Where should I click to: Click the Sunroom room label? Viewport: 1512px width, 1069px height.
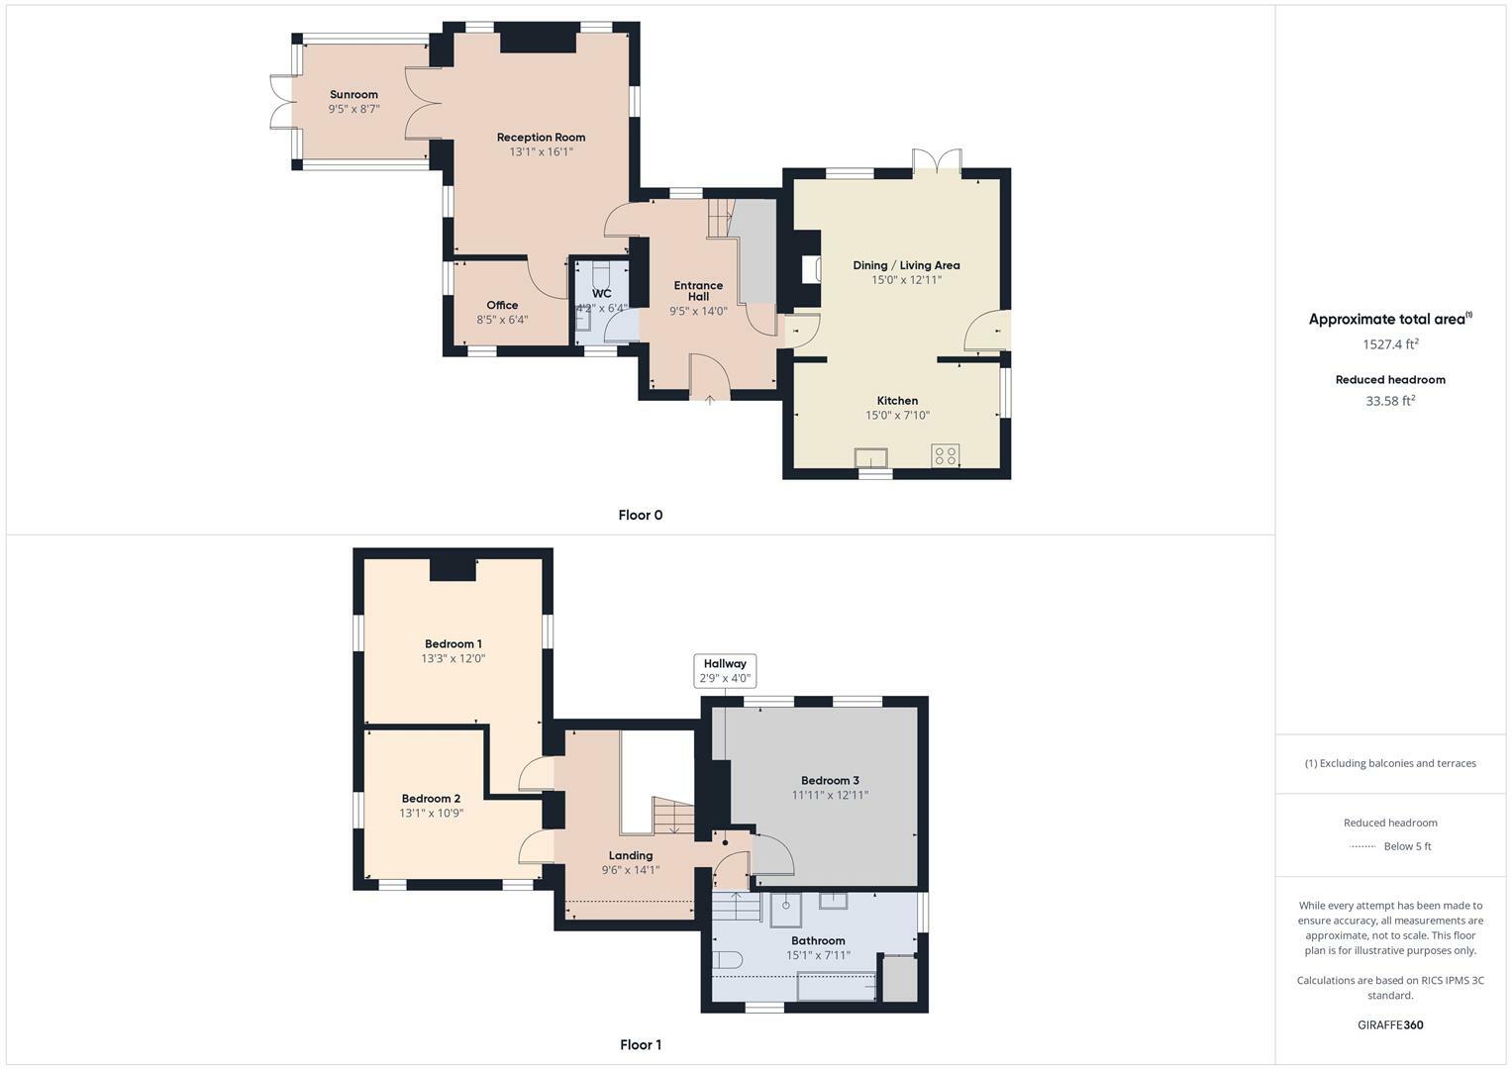[x=353, y=95]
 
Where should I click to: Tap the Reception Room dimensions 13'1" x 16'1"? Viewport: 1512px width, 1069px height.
[x=541, y=152]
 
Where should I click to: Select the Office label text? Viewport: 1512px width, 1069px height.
[x=502, y=305]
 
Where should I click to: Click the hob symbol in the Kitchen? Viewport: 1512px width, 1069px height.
[x=945, y=455]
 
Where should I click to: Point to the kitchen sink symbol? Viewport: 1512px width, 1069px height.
[x=871, y=457]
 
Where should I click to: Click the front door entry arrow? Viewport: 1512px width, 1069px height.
[x=710, y=399]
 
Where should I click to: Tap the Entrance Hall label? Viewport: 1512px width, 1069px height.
[x=698, y=291]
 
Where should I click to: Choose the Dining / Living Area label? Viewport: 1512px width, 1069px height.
[x=906, y=265]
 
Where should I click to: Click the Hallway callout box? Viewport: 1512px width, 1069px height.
[x=725, y=671]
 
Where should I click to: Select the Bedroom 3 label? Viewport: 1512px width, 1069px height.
[x=830, y=781]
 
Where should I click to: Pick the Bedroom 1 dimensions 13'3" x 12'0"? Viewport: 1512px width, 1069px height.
[x=454, y=658]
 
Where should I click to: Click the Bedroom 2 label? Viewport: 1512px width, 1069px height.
[x=431, y=799]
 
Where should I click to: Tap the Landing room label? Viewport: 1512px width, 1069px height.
[x=631, y=855]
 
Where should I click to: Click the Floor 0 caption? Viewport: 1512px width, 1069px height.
[x=640, y=515]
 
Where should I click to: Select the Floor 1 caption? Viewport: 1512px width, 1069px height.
[x=640, y=1044]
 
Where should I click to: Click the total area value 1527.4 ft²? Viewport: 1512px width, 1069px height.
[x=1390, y=344]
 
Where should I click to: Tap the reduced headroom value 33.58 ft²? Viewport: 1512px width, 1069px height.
[x=1390, y=401]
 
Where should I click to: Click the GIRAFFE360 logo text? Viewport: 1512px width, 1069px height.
[x=1390, y=1024]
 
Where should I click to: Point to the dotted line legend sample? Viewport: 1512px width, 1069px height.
[x=1362, y=846]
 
